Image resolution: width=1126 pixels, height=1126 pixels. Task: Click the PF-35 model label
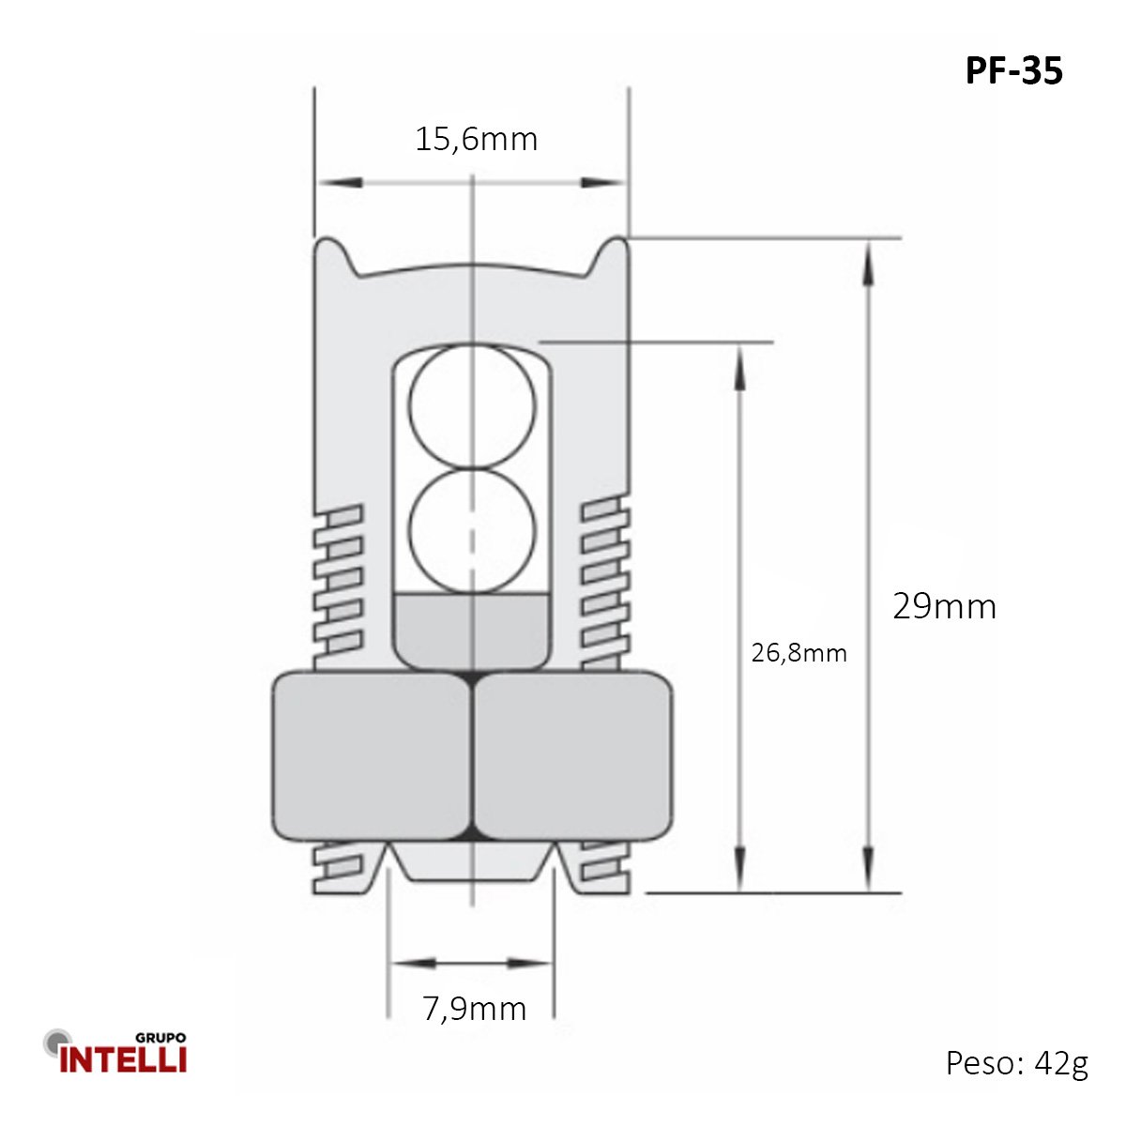(x=1013, y=71)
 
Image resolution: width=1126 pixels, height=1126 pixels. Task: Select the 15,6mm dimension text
(x=477, y=140)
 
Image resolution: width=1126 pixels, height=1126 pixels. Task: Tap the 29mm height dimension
(x=944, y=606)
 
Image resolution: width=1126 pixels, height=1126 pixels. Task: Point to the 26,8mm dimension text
(x=799, y=653)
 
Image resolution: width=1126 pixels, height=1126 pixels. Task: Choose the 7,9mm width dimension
(x=475, y=1009)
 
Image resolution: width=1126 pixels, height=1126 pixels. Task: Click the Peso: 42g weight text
(x=1017, y=1063)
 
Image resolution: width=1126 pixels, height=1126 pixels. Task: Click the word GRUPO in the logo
(x=160, y=1038)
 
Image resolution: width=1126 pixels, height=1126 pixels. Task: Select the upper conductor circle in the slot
(x=472, y=406)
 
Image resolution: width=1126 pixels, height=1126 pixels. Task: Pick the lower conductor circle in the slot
(x=472, y=532)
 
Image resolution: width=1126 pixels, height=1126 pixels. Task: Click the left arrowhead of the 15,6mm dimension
(x=340, y=183)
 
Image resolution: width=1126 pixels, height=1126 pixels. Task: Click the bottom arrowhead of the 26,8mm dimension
(x=739, y=869)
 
